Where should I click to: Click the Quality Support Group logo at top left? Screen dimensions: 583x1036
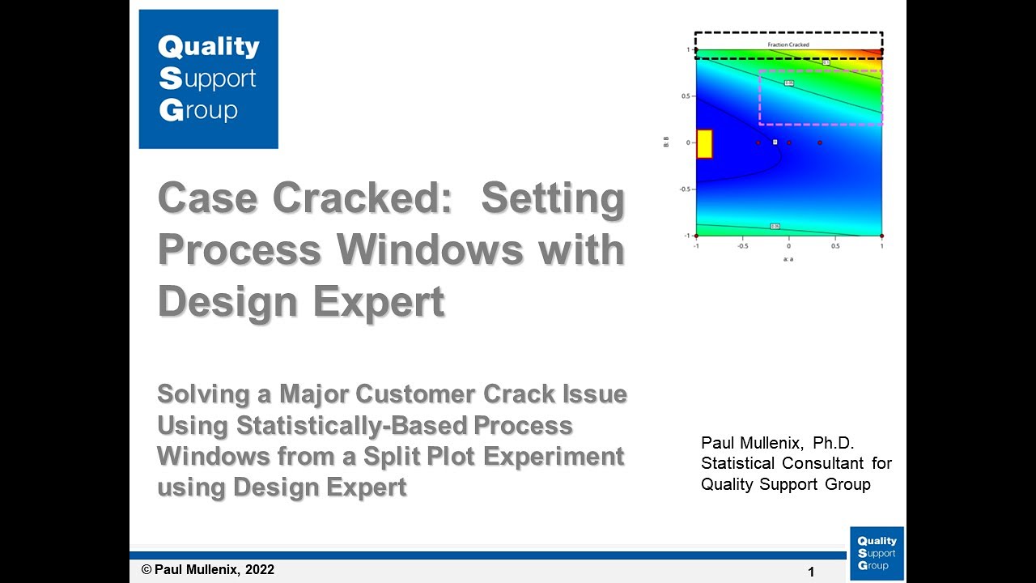pyautogui.click(x=208, y=79)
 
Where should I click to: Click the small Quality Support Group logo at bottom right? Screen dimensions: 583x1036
pyautogui.click(x=877, y=553)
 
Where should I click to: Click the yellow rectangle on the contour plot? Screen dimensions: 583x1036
pyautogui.click(x=704, y=143)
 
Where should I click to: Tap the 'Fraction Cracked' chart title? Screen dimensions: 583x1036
pyautogui.click(x=788, y=45)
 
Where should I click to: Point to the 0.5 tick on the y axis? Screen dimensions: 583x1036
pyautogui.click(x=685, y=96)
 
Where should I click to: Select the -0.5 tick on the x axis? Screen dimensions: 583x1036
pyautogui.click(x=742, y=245)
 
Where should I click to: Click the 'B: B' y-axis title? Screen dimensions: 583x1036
pyautogui.click(x=665, y=143)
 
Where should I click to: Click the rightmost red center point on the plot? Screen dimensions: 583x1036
pyautogui.click(x=820, y=143)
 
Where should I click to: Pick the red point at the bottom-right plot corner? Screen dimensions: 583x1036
pyautogui.click(x=881, y=236)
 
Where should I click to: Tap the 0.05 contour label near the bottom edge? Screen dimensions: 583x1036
pyautogui.click(x=775, y=226)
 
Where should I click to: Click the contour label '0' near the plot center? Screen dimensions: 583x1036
pyautogui.click(x=775, y=142)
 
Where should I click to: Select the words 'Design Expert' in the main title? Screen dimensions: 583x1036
pyautogui.click(x=301, y=302)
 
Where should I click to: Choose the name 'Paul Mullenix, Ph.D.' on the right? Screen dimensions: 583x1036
pyautogui.click(x=778, y=443)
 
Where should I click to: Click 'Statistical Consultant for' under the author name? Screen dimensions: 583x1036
pyautogui.click(x=796, y=463)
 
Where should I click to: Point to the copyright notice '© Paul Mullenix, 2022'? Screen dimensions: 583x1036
pyautogui.click(x=208, y=570)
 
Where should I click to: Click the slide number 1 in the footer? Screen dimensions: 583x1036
pyautogui.click(x=811, y=572)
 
